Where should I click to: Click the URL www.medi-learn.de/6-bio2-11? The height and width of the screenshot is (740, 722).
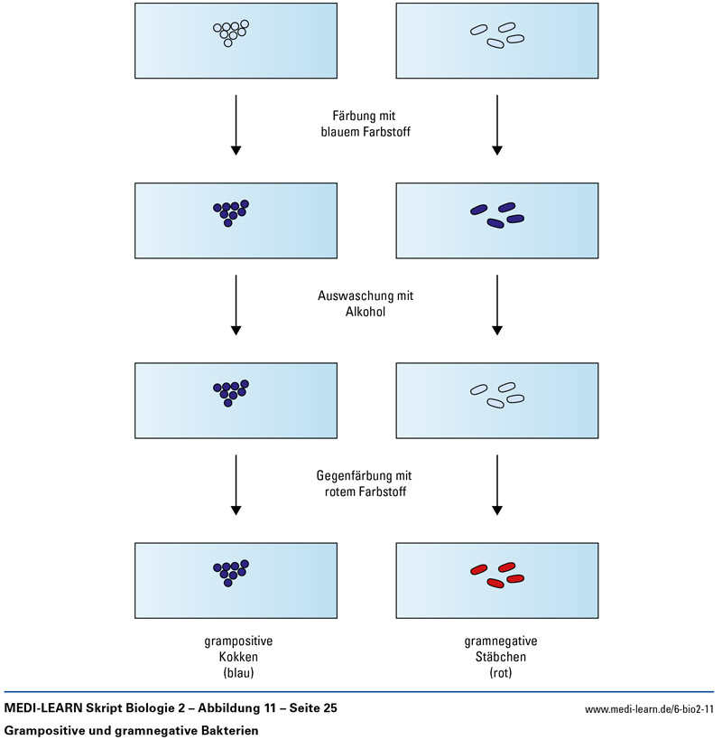pos(649,709)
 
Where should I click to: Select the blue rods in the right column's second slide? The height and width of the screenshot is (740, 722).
pos(496,214)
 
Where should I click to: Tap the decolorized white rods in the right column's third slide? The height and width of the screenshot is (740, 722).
pos(496,393)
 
